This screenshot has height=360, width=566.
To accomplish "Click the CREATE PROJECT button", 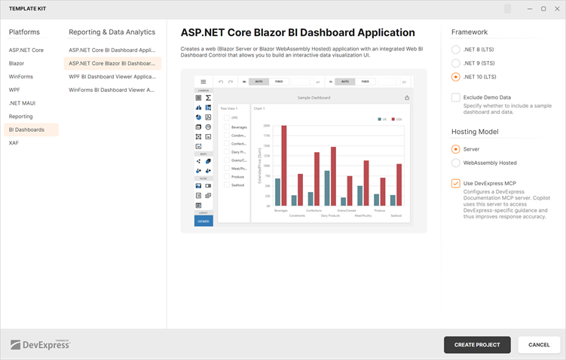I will (477, 345).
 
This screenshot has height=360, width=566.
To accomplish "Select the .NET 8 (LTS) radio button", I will (455, 49).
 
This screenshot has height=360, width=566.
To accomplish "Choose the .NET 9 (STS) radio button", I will (455, 63).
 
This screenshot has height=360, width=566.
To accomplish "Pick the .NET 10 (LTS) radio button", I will (455, 77).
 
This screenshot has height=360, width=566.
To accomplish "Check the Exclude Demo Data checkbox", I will (455, 97).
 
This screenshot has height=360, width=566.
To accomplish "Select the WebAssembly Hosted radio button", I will (455, 163).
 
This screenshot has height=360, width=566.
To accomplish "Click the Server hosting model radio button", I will (455, 149).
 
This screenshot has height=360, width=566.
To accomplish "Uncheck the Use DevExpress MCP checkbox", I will (455, 183).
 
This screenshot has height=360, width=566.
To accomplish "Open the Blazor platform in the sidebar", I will (17, 63).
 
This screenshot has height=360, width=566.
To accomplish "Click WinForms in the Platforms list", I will (20, 76).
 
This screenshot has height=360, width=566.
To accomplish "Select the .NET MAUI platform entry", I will (22, 103).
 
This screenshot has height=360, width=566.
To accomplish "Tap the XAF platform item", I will (14, 142).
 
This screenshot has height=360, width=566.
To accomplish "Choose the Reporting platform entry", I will (21, 116).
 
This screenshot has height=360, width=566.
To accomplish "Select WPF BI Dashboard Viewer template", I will (112, 76).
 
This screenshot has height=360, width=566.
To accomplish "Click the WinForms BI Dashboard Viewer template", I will (112, 90).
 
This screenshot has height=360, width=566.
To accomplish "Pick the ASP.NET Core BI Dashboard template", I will (112, 50).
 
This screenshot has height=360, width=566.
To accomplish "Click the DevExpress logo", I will (40, 344).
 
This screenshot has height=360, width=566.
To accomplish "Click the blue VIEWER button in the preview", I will (203, 221).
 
